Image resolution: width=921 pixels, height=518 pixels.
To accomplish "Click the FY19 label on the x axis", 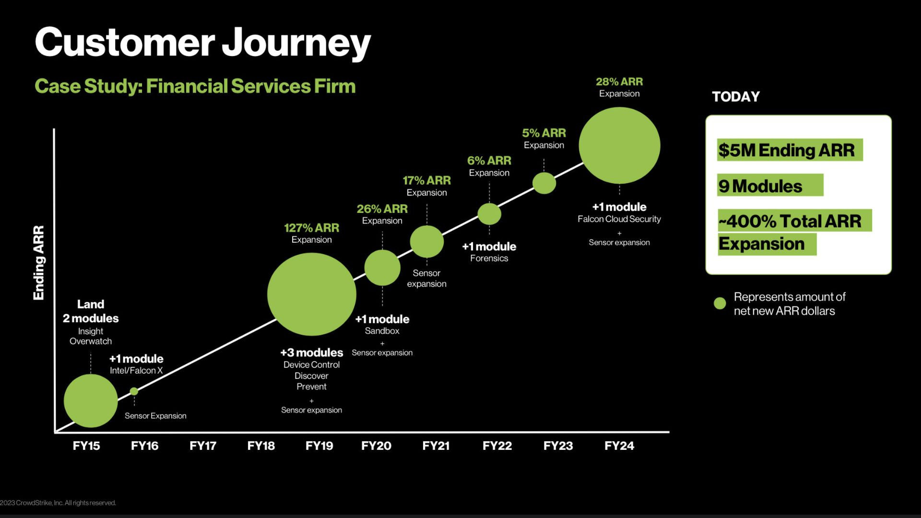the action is tap(319, 446).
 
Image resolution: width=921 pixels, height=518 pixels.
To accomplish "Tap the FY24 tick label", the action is tap(619, 446).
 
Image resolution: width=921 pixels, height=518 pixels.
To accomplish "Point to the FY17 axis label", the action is tap(202, 446).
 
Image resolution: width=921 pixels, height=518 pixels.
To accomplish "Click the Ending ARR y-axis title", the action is tap(38, 263).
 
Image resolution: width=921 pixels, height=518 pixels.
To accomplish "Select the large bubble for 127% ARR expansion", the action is tap(311, 294).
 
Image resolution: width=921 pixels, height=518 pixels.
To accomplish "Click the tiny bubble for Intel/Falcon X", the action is tap(134, 391).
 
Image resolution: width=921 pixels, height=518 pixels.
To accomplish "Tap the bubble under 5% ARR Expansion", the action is tap(544, 183).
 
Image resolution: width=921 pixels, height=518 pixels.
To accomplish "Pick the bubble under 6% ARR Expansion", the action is tap(489, 214).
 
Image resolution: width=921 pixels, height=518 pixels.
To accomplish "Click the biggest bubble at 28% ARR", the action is tap(619, 145).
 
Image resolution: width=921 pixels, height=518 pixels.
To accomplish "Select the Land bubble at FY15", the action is tap(91, 400).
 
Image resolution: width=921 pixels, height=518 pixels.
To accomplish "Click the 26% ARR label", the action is tap(382, 209).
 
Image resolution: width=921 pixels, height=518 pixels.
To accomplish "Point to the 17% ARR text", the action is tap(426, 181).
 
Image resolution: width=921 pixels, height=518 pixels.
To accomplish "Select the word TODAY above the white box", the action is tap(735, 96).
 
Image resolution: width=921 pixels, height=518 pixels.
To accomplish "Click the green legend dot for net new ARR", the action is tap(720, 303).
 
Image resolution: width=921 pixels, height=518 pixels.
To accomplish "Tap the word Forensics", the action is tap(489, 258).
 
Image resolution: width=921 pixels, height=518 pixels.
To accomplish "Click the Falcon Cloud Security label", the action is tap(619, 219).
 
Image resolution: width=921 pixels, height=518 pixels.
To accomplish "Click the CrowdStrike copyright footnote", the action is tap(59, 503).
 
